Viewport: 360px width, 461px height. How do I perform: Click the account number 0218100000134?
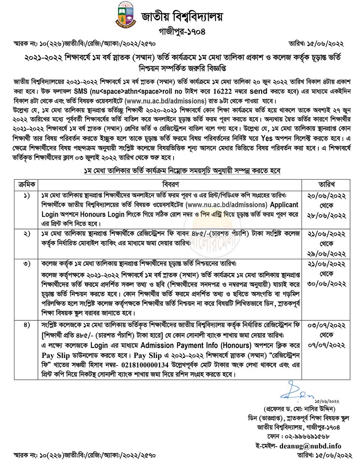click(x=147, y=364)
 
